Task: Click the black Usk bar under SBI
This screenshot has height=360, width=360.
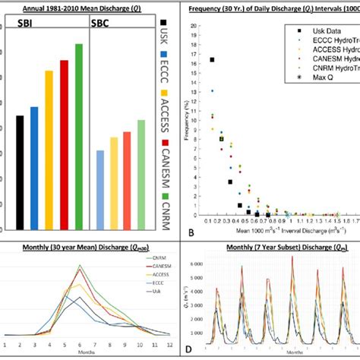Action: pos(20,172)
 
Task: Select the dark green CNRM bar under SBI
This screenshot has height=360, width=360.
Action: pos(78,137)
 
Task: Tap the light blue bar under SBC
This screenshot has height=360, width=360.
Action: pos(99,190)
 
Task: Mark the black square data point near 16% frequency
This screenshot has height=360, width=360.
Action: pos(212,59)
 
